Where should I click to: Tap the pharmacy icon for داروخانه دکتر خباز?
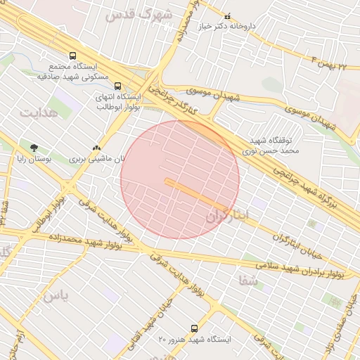(x=226, y=16)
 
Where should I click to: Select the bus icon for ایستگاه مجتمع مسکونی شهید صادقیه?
(x=72, y=56)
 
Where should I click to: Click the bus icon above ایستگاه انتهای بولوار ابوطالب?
(x=117, y=87)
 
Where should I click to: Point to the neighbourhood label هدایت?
(x=36, y=112)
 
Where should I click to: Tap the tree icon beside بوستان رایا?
(x=34, y=148)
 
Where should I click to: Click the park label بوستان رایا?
(x=34, y=160)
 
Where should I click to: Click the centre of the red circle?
(x=180, y=179)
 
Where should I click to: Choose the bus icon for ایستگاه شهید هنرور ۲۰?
(x=195, y=328)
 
